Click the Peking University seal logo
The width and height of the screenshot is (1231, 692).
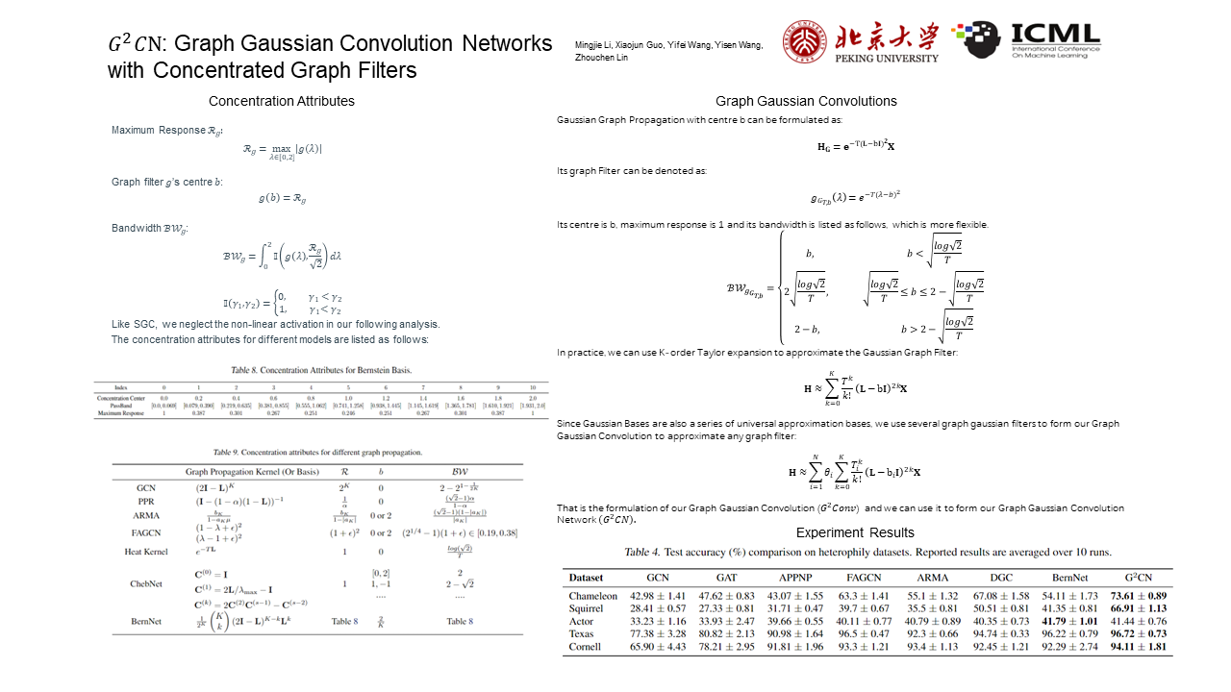(804, 42)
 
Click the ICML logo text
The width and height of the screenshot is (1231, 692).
(1055, 36)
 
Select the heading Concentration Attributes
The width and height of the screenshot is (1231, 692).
(281, 101)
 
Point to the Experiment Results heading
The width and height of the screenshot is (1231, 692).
(855, 532)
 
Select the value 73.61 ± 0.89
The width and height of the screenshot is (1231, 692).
(1144, 596)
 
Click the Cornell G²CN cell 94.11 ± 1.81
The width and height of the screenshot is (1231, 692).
(1144, 646)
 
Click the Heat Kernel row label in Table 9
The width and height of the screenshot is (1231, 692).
(146, 552)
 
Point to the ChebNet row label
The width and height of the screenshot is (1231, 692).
(146, 583)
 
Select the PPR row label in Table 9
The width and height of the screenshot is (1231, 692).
(146, 501)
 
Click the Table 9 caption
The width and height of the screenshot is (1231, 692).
(317, 452)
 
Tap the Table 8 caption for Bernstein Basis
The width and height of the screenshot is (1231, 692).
(320, 370)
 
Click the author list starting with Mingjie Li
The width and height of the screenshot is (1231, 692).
(668, 52)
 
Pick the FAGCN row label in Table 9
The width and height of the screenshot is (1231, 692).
(146, 532)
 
